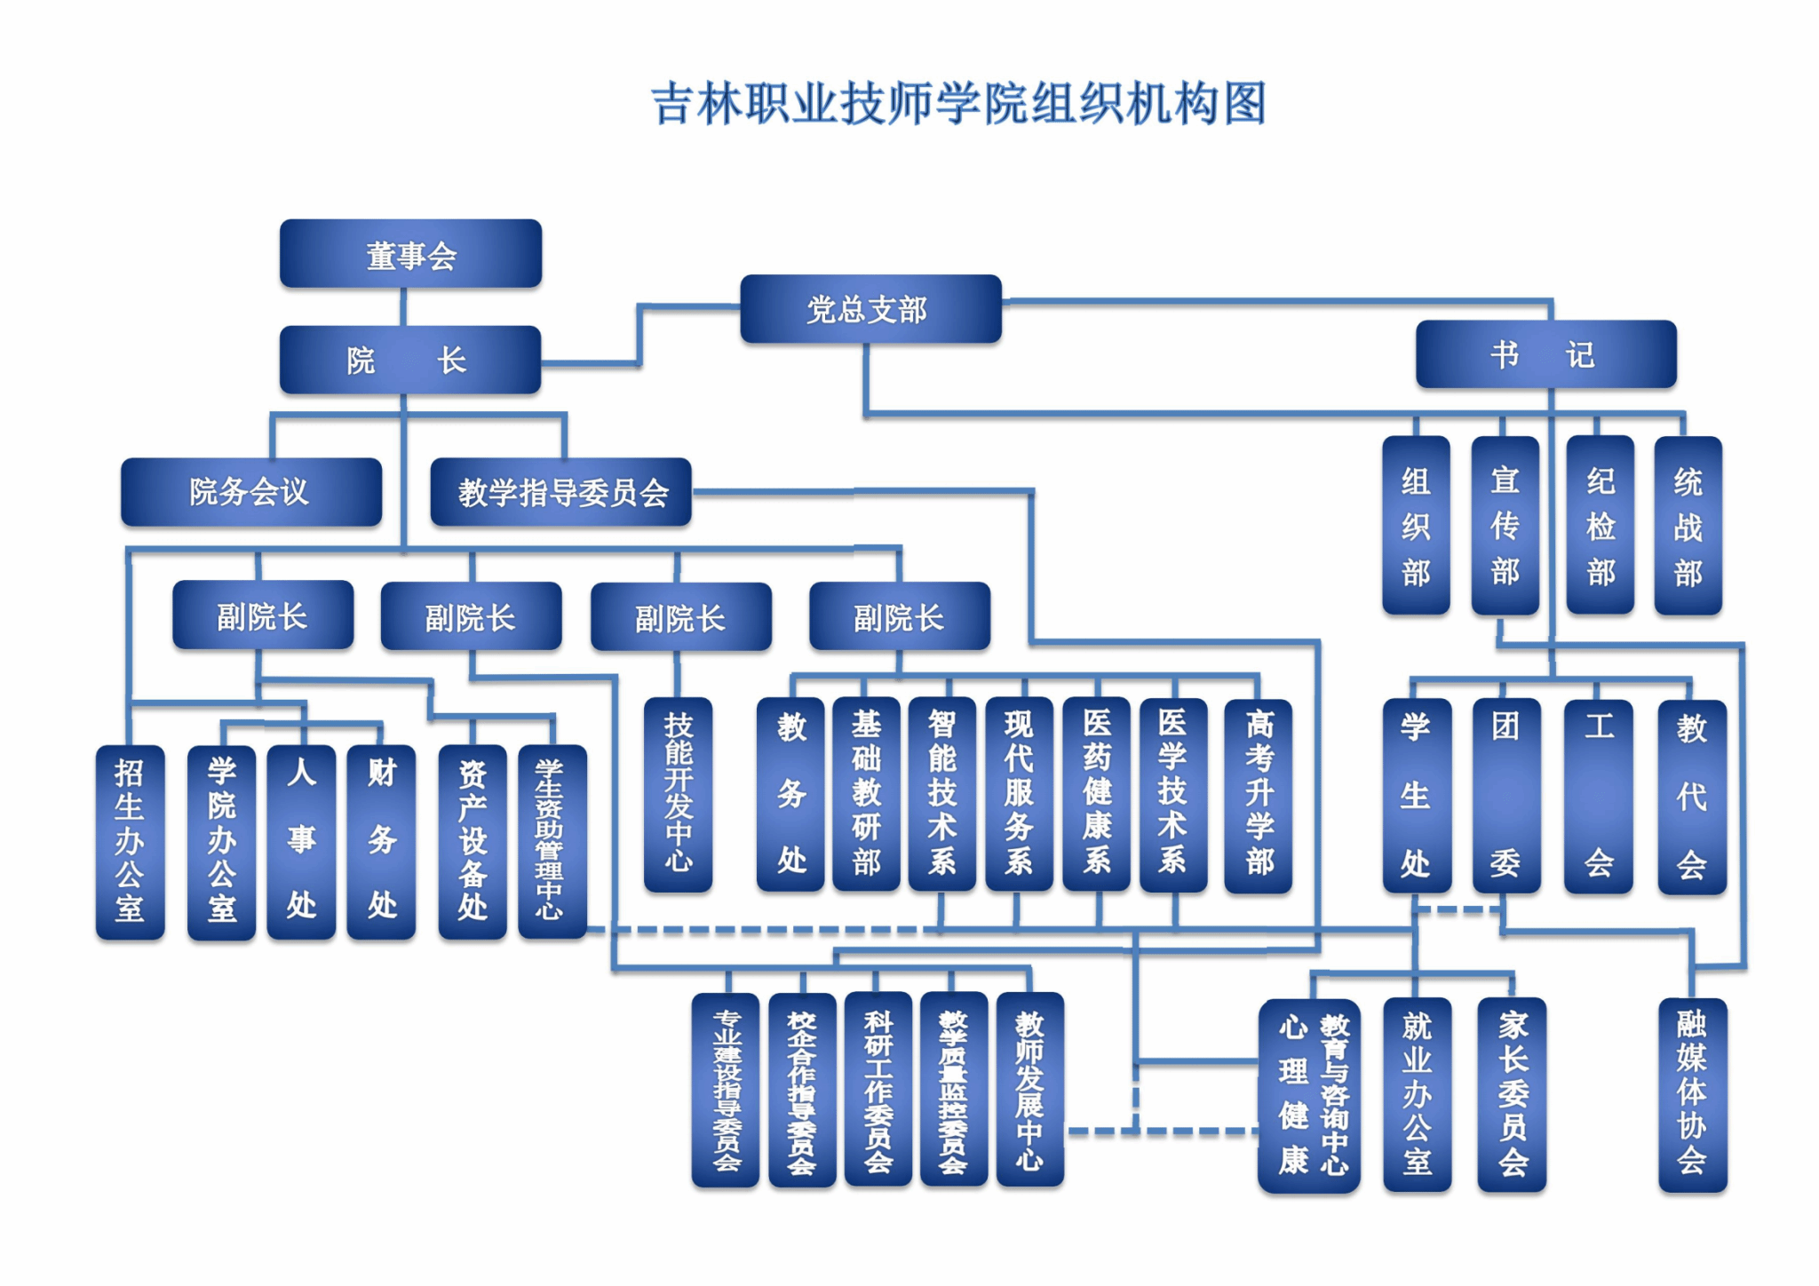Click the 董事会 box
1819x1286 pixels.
click(x=410, y=254)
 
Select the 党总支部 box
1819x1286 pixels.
click(x=870, y=309)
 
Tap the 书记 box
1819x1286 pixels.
click(x=1545, y=354)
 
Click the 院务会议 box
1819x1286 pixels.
click(x=251, y=492)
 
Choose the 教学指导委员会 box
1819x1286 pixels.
click(x=560, y=492)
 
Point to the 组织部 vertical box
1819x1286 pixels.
click(x=1416, y=526)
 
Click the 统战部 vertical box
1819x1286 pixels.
click(x=1688, y=526)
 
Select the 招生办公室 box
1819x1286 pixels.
click(x=130, y=841)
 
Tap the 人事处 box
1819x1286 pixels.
click(x=301, y=841)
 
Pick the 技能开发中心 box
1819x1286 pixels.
click(x=678, y=794)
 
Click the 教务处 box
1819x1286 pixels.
click(x=790, y=794)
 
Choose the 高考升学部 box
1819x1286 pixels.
click(x=1258, y=794)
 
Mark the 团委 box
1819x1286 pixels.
click(x=1505, y=796)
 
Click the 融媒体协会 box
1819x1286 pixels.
click(x=1692, y=1094)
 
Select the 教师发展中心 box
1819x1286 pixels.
click(x=1029, y=1089)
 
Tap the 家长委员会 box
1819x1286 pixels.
click(x=1512, y=1094)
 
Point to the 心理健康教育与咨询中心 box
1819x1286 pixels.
click(x=1309, y=1094)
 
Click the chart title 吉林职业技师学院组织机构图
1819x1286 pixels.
click(x=958, y=104)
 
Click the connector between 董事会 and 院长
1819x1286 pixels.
click(x=403, y=306)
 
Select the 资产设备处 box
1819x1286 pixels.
click(x=473, y=841)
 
